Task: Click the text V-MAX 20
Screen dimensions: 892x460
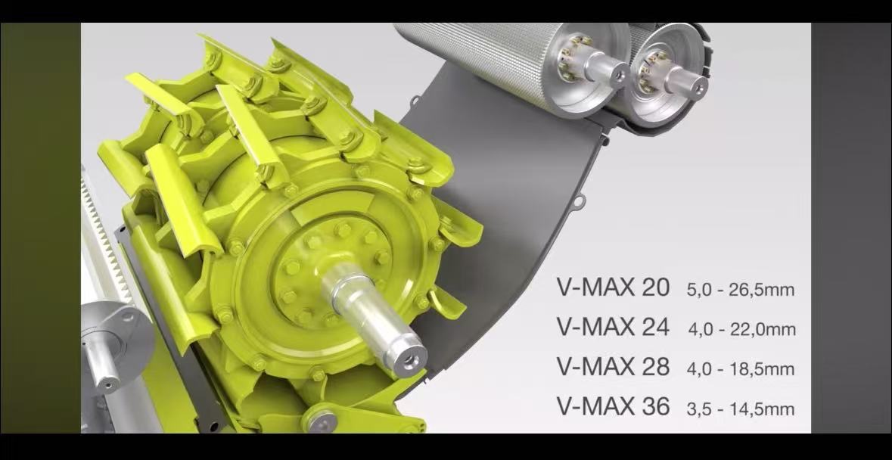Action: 613,287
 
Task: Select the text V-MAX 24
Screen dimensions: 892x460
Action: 613,327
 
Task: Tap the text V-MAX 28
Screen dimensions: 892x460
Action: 613,367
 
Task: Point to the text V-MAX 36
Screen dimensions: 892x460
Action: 613,406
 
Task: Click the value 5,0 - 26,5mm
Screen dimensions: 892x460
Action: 740,290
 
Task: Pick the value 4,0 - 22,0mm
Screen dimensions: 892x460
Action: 741,329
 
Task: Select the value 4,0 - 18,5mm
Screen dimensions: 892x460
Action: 740,369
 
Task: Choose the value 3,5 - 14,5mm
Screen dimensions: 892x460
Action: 740,409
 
